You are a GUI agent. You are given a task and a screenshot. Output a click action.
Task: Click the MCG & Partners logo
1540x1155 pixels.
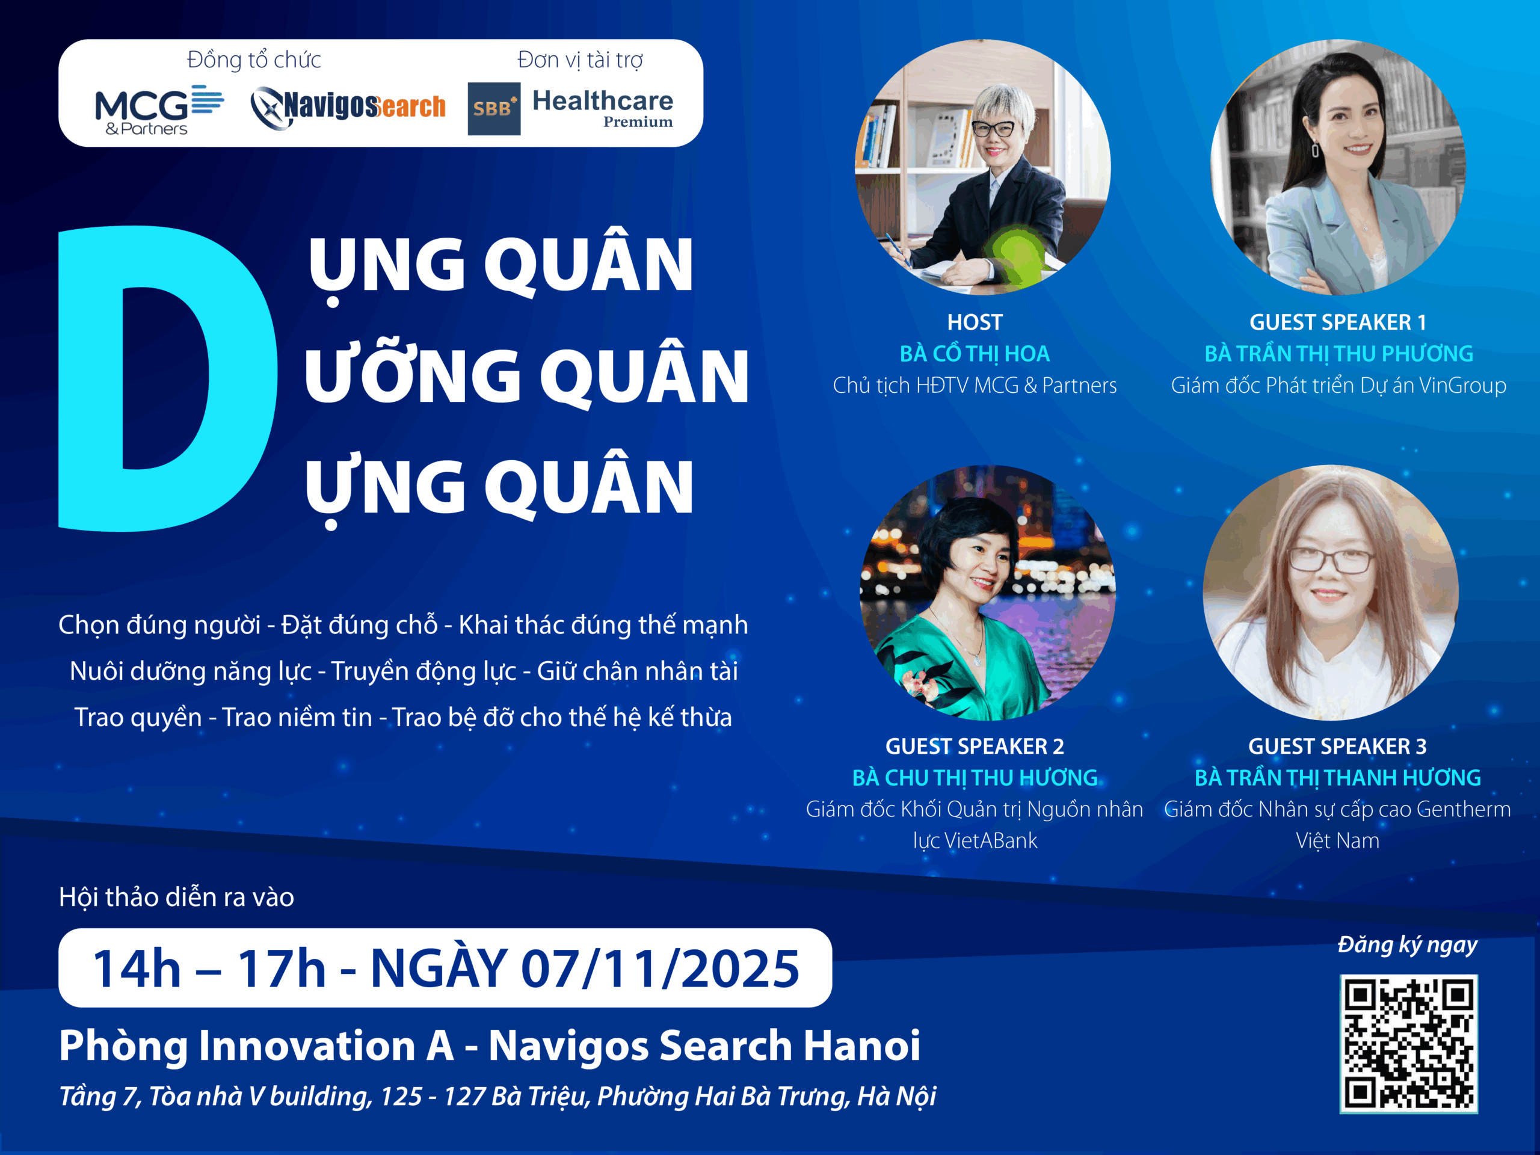159,110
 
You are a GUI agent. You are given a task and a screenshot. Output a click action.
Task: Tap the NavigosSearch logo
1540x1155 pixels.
348,108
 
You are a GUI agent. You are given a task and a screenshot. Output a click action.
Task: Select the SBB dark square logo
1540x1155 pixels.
494,109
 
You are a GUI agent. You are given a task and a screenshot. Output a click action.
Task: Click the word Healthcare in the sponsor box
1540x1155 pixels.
603,101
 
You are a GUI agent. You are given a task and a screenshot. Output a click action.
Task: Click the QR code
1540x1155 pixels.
1408,1043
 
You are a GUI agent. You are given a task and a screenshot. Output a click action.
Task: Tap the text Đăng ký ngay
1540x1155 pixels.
1407,944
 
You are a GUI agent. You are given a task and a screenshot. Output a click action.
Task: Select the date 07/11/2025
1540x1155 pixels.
660,969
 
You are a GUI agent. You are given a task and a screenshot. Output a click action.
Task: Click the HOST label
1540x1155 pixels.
975,322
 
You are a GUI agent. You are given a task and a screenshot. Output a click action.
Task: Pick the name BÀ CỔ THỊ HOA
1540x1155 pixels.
975,354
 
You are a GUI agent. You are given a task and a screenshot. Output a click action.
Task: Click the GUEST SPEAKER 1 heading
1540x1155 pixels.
1337,322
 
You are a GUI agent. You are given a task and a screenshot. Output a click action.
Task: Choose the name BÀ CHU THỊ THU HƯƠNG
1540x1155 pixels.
975,778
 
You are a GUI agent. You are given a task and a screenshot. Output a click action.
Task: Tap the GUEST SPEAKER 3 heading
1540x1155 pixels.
1337,747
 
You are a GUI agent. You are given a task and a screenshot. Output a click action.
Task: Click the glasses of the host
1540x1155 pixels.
994,129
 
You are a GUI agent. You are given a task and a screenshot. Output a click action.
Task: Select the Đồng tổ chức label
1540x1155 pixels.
254,60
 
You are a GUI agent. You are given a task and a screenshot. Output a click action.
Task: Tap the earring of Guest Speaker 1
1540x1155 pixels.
1315,150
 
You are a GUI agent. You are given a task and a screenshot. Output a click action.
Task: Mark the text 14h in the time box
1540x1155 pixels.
137,969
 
